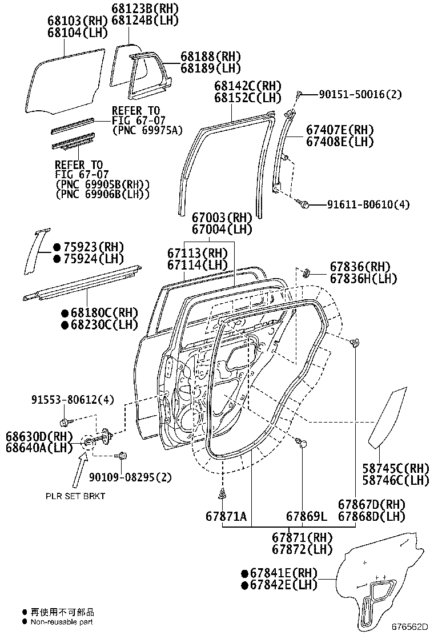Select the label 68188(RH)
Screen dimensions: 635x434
(x=211, y=57)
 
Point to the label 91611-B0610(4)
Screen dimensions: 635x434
(x=368, y=204)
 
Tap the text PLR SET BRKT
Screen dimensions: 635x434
(x=75, y=496)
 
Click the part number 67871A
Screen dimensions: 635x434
(x=226, y=517)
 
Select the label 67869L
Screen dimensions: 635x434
(x=306, y=517)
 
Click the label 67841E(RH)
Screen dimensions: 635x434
(x=279, y=573)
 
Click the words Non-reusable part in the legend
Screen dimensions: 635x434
(x=62, y=622)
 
